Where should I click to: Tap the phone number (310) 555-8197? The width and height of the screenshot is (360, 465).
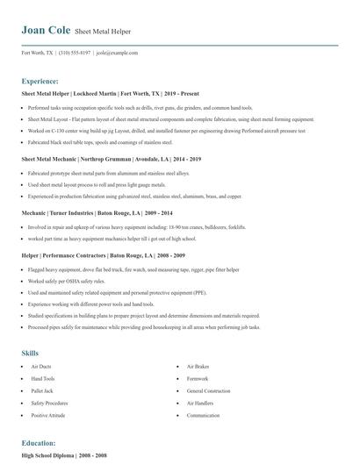pos(75,53)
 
